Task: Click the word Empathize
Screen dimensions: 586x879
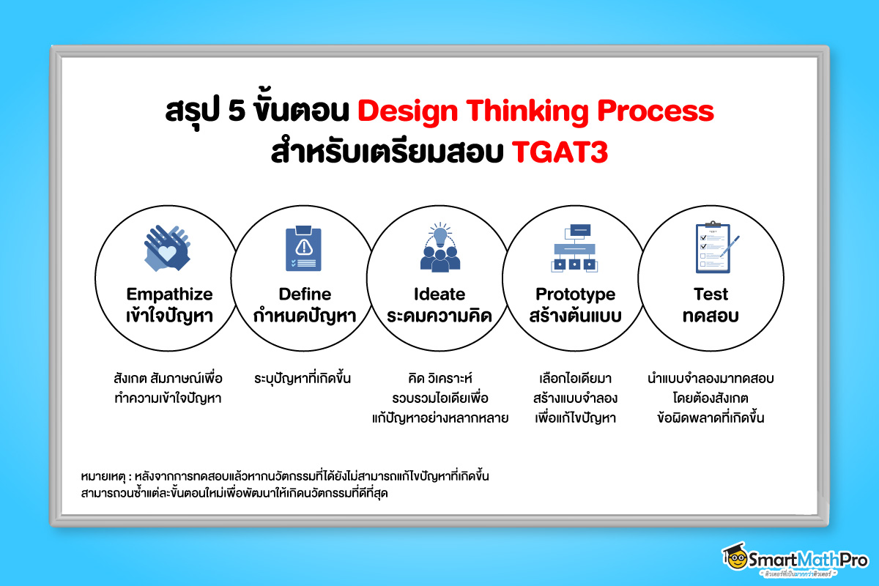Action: (x=169, y=294)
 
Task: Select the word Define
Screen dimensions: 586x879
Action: (x=305, y=294)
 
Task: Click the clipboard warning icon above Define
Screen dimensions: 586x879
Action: (x=302, y=249)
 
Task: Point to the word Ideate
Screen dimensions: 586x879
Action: (x=439, y=294)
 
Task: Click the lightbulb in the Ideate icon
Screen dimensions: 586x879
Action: (x=440, y=237)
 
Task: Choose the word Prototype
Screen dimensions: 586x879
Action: (x=575, y=294)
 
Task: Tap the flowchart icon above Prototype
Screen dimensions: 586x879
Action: (x=574, y=248)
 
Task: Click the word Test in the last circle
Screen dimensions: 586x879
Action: (x=711, y=294)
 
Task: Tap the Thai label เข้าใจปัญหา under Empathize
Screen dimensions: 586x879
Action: (x=169, y=316)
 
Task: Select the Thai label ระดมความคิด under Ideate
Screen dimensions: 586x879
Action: (x=439, y=316)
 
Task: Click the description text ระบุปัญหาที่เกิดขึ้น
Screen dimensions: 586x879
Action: (x=303, y=379)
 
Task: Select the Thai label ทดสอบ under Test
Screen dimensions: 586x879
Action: (x=711, y=316)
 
